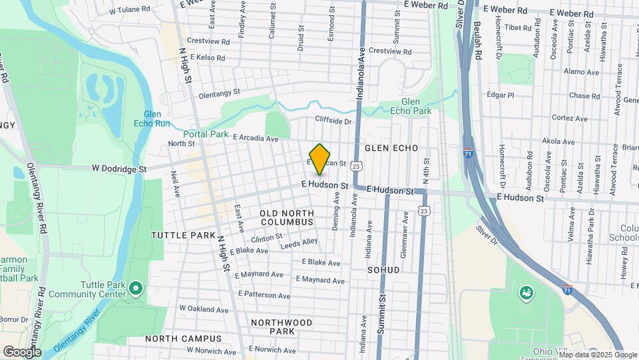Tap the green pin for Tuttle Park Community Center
[x=136, y=289]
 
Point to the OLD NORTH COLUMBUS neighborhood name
[x=286, y=217]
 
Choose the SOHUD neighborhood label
[x=383, y=270]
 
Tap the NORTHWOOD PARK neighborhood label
[x=282, y=327]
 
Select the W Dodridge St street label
[x=120, y=169]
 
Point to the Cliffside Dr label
[x=333, y=121]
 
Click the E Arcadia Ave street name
[x=256, y=138]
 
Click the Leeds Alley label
[x=300, y=245]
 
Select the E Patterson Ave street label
[x=265, y=295]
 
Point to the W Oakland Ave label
[x=203, y=309]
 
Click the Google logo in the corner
[x=22, y=352]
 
